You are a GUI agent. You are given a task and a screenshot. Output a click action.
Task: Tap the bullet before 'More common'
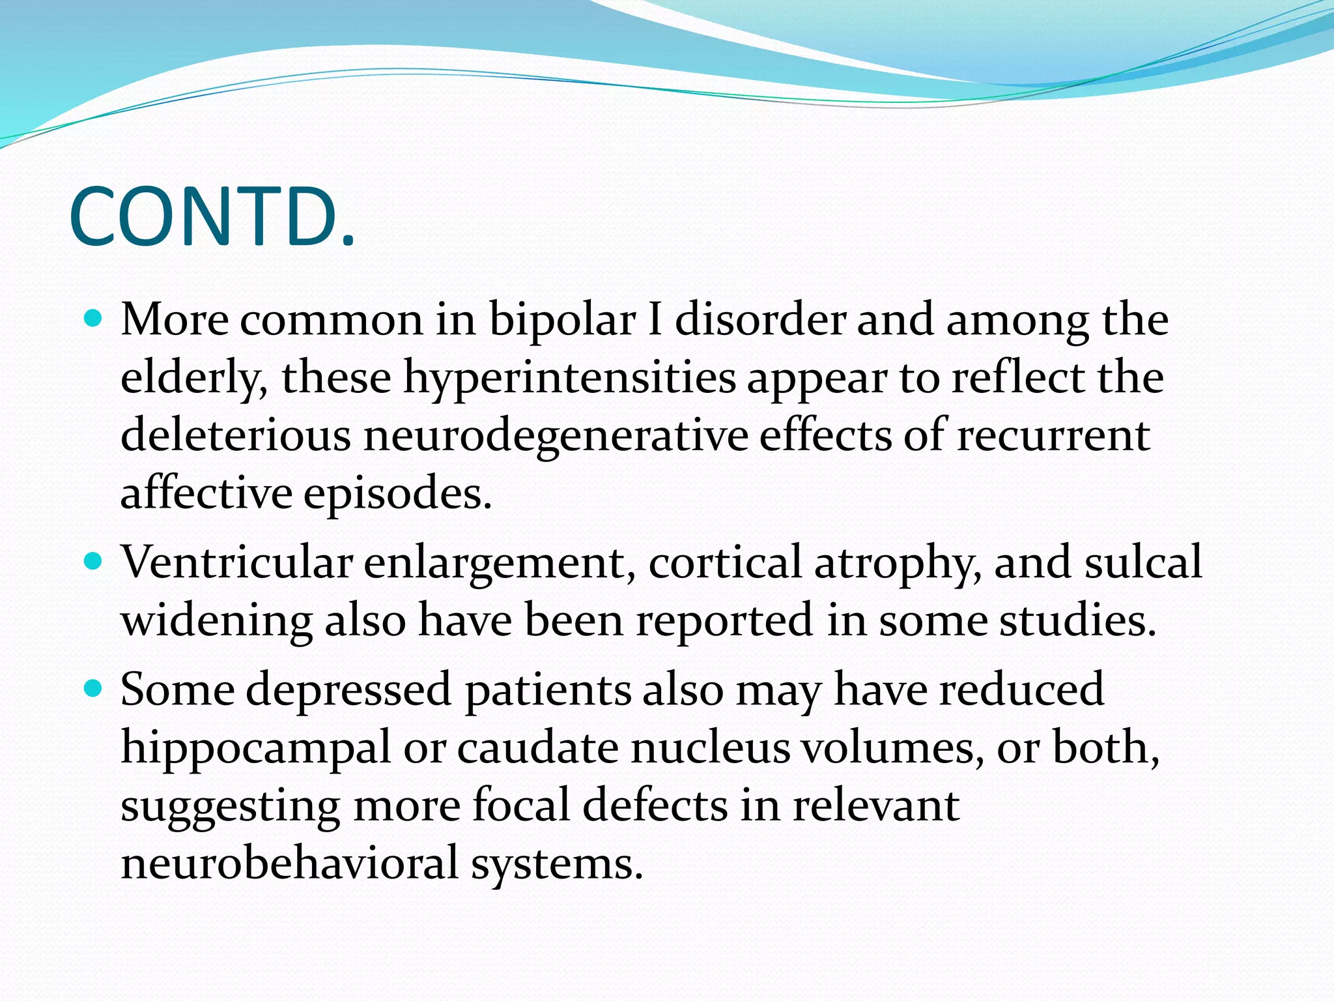coord(94,319)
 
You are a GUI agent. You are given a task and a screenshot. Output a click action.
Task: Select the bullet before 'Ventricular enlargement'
coord(94,561)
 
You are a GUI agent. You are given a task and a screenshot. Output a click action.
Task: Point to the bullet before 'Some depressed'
coord(94,688)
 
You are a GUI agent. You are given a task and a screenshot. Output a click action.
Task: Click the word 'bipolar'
coord(561,321)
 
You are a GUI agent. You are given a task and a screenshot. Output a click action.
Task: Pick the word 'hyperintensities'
coord(569,378)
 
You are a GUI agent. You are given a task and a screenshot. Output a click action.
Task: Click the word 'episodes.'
coord(397,493)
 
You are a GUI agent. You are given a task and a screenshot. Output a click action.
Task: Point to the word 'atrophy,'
coord(898,563)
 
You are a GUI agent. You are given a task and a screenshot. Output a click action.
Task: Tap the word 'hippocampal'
coord(255,748)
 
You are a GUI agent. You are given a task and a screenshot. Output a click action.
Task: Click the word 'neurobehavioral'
coord(290,863)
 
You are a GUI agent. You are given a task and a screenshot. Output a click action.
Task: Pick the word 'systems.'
coord(557,864)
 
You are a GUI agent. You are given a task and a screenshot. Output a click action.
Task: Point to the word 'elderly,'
coord(194,378)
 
